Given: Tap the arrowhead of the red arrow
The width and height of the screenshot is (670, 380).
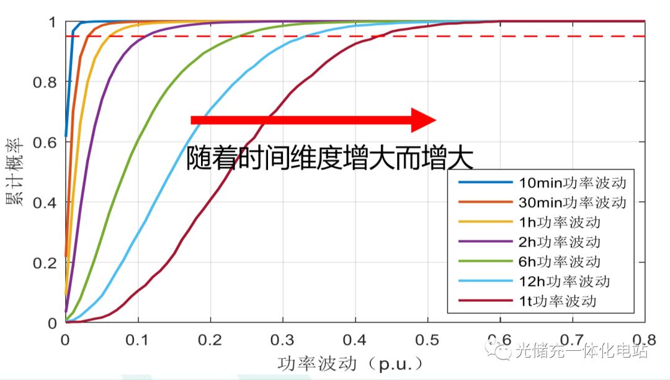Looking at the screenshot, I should (424, 120).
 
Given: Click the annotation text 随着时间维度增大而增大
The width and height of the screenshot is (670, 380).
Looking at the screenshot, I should (330, 159).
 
